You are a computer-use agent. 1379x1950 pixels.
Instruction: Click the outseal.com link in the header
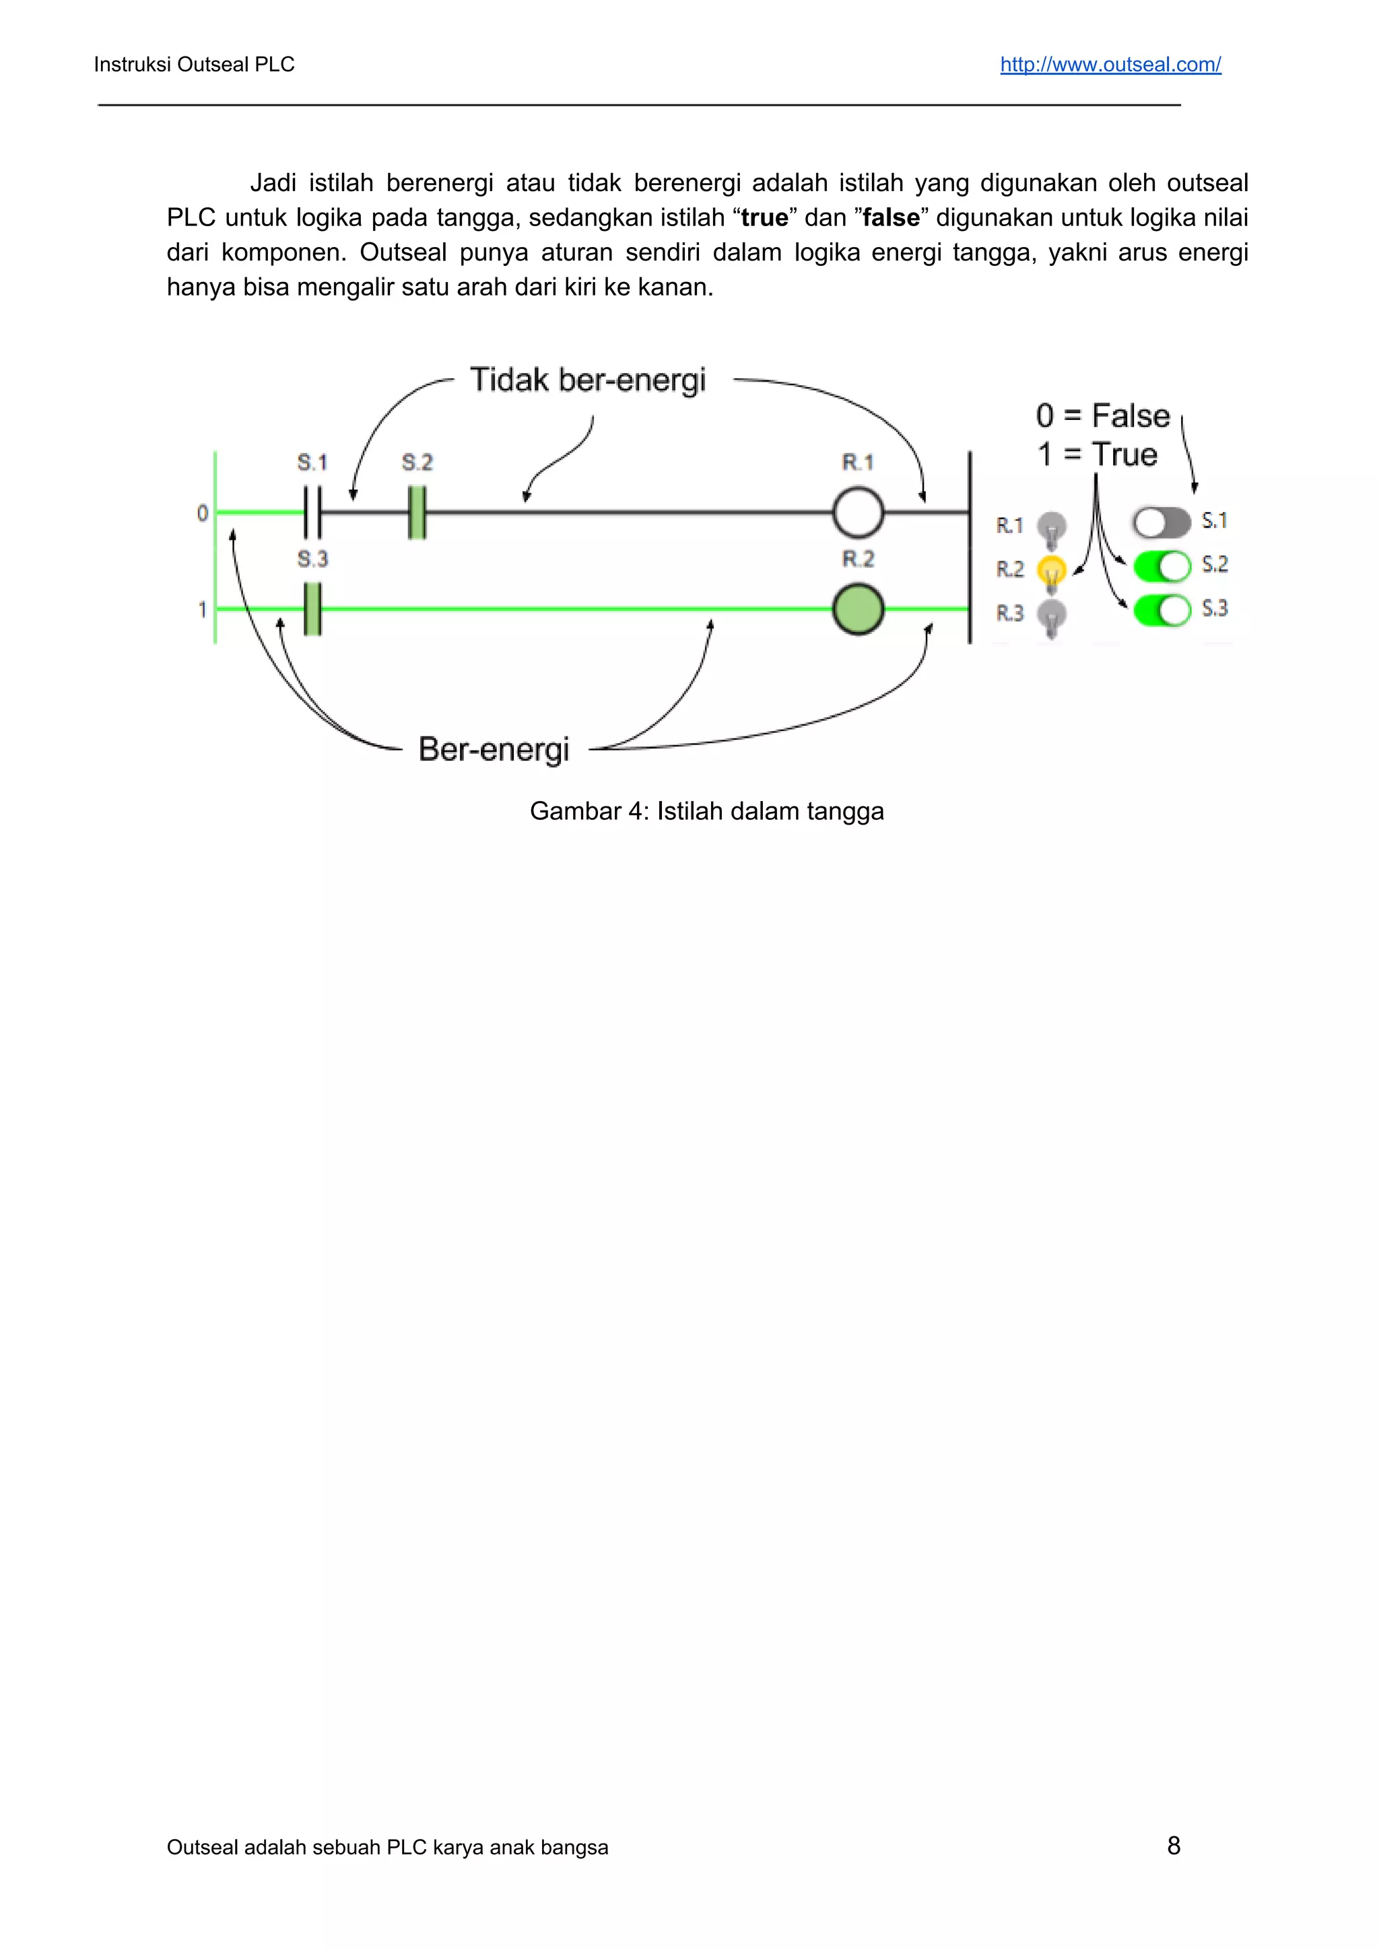(1110, 65)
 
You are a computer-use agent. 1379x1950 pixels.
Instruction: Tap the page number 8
(1174, 1845)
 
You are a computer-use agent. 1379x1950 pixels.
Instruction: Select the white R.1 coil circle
(858, 513)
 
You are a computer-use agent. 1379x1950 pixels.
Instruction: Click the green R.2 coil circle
(858, 610)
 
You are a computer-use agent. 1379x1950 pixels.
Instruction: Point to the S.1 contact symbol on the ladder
(312, 512)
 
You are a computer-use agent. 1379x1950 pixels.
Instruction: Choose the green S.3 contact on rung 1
(312, 609)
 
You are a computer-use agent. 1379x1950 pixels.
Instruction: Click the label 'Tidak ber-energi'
(588, 380)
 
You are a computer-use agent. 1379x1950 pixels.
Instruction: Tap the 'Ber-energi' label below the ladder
(494, 749)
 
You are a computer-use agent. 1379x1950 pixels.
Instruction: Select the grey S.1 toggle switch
(1162, 522)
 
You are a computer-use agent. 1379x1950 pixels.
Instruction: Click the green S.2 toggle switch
(1162, 565)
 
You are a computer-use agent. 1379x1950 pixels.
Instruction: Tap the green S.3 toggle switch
(1162, 610)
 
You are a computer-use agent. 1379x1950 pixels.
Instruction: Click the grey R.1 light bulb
(1052, 529)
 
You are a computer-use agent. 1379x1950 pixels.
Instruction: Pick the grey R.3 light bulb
(1052, 617)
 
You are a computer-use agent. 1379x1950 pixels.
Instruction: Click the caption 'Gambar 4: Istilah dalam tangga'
(706, 811)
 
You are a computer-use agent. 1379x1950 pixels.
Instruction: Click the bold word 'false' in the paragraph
(890, 218)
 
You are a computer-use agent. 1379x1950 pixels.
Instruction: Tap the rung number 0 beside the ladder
(202, 513)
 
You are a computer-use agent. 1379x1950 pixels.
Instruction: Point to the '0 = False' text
(1102, 416)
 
